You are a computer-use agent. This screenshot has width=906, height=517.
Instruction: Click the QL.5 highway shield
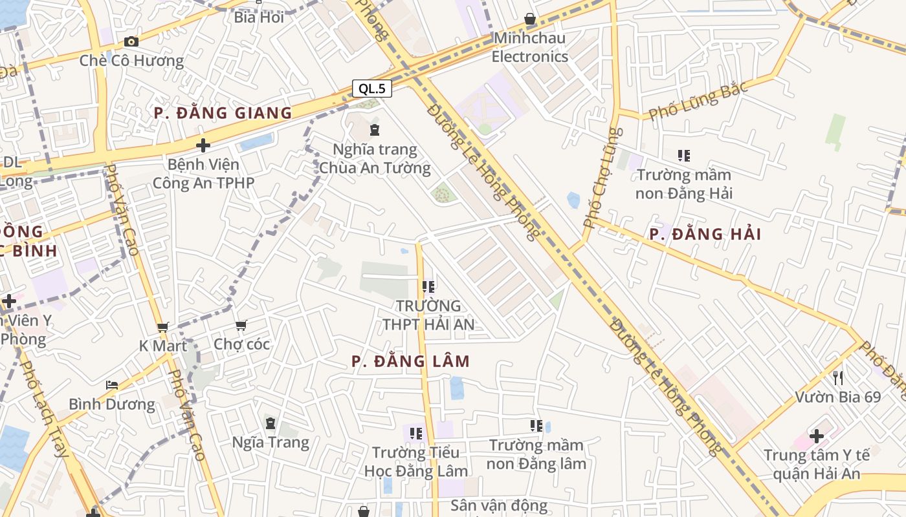coord(372,89)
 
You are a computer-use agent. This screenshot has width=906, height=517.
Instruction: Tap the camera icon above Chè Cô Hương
coord(131,42)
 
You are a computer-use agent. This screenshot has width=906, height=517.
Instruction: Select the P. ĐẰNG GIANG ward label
coord(223,113)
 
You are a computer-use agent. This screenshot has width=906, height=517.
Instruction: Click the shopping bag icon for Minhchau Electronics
coord(530,19)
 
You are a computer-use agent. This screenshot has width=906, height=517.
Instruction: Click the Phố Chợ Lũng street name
coord(602,178)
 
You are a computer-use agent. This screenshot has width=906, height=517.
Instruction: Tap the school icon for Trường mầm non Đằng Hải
coord(684,156)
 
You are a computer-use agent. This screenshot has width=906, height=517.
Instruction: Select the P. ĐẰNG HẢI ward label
coord(705,234)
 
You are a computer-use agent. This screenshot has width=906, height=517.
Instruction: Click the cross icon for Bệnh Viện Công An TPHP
coord(203,145)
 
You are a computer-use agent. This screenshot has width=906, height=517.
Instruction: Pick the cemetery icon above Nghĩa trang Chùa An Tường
coord(375,131)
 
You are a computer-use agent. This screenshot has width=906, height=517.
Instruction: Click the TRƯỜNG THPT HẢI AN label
coord(428,315)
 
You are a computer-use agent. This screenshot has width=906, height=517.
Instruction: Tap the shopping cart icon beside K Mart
coord(163,328)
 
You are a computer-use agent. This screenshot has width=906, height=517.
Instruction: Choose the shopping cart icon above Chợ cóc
coord(241,325)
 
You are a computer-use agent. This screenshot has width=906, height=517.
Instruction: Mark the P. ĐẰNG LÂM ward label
coord(410,361)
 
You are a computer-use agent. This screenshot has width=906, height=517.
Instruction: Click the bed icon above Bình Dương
coord(112,386)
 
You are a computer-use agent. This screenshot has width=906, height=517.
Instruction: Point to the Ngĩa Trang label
coord(271,443)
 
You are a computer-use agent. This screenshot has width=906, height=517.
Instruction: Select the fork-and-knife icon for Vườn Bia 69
coord(838,377)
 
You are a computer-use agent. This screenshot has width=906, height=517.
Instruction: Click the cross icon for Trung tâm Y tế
coord(817,436)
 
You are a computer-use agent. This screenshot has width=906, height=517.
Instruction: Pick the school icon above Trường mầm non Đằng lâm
coord(536,426)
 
